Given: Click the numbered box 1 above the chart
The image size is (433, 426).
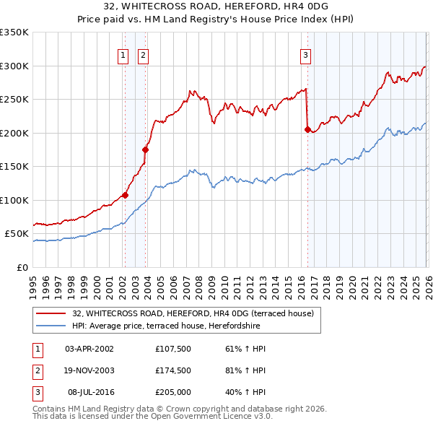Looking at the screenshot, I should pyautogui.click(x=123, y=55).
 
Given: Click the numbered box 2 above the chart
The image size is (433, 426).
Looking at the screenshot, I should pyautogui.click(x=143, y=55).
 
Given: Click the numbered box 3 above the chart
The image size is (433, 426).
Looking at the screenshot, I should pyautogui.click(x=305, y=55).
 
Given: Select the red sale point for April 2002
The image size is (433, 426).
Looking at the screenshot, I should pyautogui.click(x=125, y=195).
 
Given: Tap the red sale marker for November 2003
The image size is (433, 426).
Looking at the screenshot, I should pyautogui.click(x=146, y=150).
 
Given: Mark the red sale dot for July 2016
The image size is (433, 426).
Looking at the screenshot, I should pyautogui.click(x=307, y=130).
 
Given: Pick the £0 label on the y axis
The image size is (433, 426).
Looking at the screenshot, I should pyautogui.click(x=22, y=267).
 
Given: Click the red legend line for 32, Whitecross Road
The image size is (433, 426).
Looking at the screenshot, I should pyautogui.click(x=51, y=314).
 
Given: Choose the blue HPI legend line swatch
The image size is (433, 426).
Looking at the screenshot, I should pyautogui.click(x=51, y=326).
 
